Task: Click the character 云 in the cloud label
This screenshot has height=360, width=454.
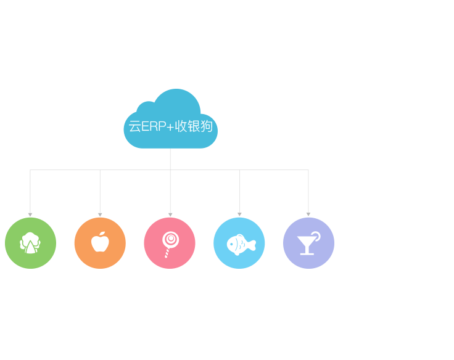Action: click(x=134, y=127)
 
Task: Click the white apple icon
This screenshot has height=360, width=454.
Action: click(x=100, y=242)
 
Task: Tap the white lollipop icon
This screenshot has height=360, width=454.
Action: click(x=169, y=243)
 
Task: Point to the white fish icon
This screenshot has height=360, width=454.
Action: click(x=241, y=244)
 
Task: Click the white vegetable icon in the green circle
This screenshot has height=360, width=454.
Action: click(x=30, y=243)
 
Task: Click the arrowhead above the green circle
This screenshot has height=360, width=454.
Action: click(x=30, y=214)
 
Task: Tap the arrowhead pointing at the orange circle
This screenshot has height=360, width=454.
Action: click(x=100, y=214)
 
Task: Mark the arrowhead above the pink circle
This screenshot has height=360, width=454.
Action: click(x=170, y=214)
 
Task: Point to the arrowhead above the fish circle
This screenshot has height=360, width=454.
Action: click(x=239, y=214)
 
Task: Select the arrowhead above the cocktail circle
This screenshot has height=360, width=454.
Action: click(x=308, y=214)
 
